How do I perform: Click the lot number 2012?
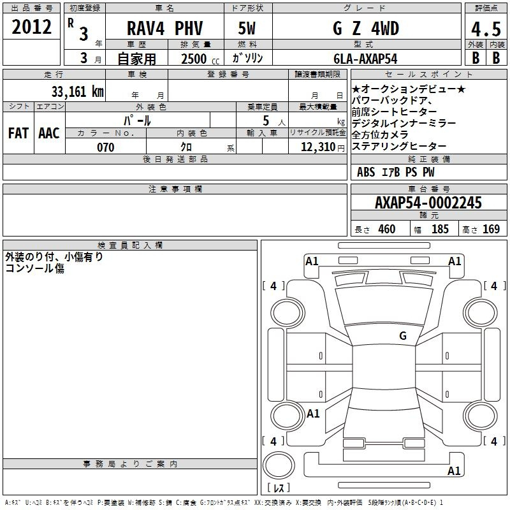[31, 27]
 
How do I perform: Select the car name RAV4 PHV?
[164, 28]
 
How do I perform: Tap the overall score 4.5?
[486, 29]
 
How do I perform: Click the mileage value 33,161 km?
[78, 91]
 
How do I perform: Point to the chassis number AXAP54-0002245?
[428, 203]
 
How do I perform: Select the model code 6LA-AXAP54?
[365, 59]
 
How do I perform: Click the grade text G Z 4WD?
[366, 28]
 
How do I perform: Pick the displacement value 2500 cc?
[200, 59]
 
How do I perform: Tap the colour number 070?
[106, 147]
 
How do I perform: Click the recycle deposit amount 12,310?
[318, 147]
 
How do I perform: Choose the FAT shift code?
[18, 133]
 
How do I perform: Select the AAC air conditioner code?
[49, 133]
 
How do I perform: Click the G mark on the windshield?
[403, 336]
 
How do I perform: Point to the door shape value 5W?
[247, 28]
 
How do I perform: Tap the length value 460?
[387, 229]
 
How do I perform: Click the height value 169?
[491, 229]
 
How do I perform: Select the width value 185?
[440, 229]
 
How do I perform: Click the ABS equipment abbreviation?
[366, 172]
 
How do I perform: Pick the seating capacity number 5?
[266, 121]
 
